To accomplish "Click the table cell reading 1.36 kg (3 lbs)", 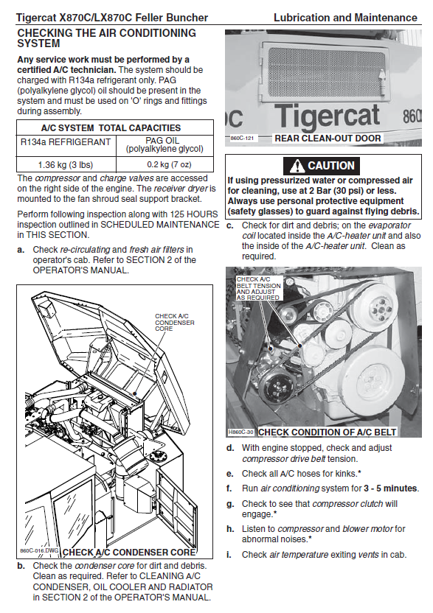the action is click(x=66, y=164).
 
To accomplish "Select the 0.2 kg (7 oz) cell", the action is click(x=164, y=164).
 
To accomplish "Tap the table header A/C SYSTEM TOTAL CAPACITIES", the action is click(x=111, y=128).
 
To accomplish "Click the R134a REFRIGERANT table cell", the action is click(x=66, y=146).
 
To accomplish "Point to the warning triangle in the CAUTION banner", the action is click(x=297, y=167).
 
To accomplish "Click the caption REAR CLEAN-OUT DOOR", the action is click(x=328, y=138).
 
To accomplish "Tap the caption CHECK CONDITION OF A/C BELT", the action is click(x=328, y=432).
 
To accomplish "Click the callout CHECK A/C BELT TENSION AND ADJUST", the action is click(x=258, y=289).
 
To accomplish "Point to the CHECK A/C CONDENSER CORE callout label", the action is click(x=175, y=322).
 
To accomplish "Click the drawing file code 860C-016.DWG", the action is click(x=39, y=550).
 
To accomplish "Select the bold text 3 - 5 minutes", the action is click(x=390, y=488).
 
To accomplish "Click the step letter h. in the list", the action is click(x=230, y=529).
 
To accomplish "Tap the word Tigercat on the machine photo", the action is click(x=327, y=116).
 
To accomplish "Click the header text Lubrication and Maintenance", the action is click(x=345, y=18).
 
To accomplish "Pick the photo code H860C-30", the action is click(x=240, y=432).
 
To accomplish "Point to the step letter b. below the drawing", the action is click(x=21, y=566).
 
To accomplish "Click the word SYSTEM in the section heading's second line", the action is click(x=38, y=43).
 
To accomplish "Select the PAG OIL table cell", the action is click(x=164, y=144).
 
